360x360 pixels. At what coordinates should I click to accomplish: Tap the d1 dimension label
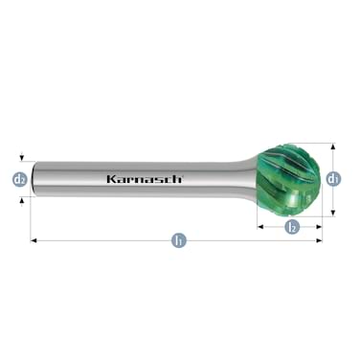pyautogui.click(x=333, y=179)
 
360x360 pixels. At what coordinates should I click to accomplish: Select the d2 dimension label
pyautogui.click(x=20, y=179)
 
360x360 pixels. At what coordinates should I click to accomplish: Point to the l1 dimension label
pyautogui.click(x=178, y=241)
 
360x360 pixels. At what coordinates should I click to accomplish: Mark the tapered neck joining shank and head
pyautogui.click(x=244, y=179)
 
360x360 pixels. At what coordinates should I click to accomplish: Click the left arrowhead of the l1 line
pyautogui.click(x=34, y=241)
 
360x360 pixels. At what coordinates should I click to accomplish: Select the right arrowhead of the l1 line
pyautogui.click(x=320, y=241)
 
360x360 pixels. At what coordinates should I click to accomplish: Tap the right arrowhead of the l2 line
pyautogui.click(x=320, y=227)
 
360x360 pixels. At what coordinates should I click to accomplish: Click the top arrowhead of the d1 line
pyautogui.click(x=333, y=147)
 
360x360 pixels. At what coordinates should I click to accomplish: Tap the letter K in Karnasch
pyautogui.click(x=109, y=179)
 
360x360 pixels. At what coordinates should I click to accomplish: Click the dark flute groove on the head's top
pyautogui.click(x=284, y=153)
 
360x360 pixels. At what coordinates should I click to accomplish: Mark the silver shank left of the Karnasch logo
pyautogui.click(x=72, y=179)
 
